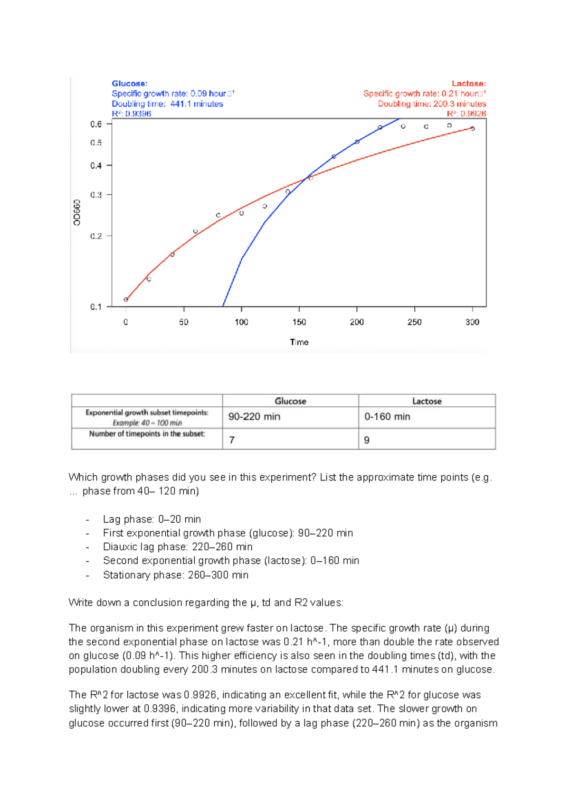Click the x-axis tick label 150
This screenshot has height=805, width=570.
[x=299, y=322]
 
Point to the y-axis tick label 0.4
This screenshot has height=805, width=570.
[x=96, y=166]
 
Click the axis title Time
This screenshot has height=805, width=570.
[x=299, y=342]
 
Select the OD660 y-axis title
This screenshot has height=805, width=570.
[x=77, y=212]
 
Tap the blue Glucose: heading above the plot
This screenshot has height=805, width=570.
[x=130, y=84]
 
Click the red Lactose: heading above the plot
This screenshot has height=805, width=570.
[x=468, y=84]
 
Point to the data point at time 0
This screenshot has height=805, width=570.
[x=126, y=299]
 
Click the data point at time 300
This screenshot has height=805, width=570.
[x=472, y=128]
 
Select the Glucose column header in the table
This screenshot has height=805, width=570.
[x=290, y=401]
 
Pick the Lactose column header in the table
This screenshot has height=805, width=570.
[x=427, y=401]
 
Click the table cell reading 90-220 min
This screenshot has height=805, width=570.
[x=254, y=417]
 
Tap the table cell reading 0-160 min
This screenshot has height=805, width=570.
[x=387, y=417]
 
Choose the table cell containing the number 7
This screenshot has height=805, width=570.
[x=232, y=440]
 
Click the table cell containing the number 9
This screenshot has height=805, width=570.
[x=367, y=440]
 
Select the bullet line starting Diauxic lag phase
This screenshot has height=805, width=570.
[x=178, y=547]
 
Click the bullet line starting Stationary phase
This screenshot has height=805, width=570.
[x=175, y=575]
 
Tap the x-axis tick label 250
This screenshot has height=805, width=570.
[x=414, y=322]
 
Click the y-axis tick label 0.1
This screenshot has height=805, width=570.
[x=96, y=307]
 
